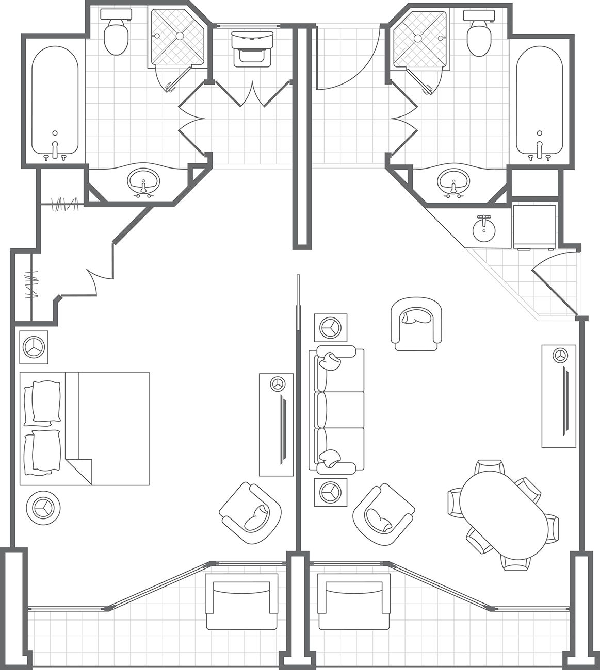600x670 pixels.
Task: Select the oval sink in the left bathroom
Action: [x=143, y=181]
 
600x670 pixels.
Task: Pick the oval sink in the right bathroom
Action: [x=453, y=181]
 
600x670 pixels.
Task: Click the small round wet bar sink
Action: [x=484, y=228]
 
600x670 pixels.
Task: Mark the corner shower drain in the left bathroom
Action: [x=180, y=36]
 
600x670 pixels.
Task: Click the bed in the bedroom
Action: [x=85, y=428]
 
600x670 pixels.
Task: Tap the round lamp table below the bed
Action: [x=43, y=508]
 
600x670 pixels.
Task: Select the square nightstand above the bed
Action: [x=34, y=347]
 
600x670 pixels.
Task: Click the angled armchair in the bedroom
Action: [x=251, y=513]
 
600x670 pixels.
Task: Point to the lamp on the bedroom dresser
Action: [x=278, y=383]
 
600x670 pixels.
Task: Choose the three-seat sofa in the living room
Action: [x=336, y=410]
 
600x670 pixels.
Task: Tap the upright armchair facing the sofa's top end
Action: [x=416, y=323]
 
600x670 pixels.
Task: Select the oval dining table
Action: [x=504, y=514]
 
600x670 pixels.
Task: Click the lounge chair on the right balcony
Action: [x=354, y=602]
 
